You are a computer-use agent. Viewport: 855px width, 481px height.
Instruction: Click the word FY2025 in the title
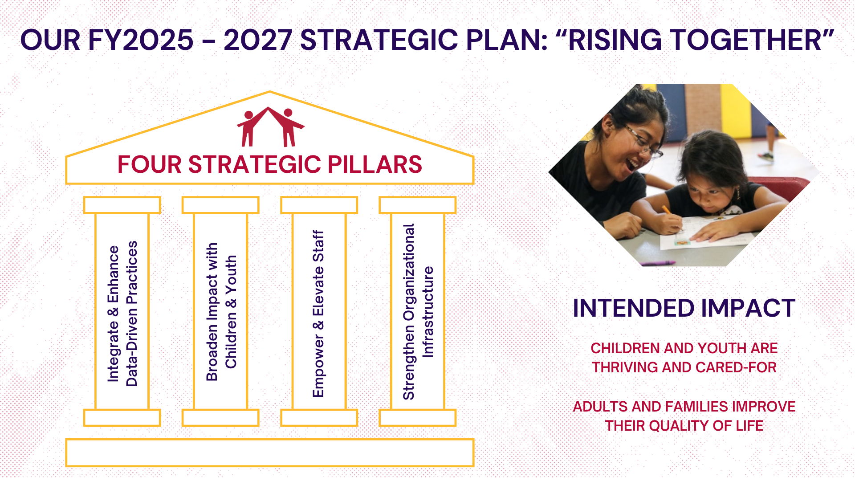point(141,40)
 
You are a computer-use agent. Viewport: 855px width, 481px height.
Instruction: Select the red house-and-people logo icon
point(270,126)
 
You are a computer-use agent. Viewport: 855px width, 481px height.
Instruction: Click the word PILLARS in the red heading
point(375,164)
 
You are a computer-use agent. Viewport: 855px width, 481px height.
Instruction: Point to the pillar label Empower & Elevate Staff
point(318,314)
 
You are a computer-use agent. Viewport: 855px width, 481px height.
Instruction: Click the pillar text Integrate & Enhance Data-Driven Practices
point(122,314)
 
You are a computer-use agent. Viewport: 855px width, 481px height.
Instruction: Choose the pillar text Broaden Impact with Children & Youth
point(221,312)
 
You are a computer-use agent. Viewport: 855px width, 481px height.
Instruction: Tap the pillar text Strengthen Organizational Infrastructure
point(418,312)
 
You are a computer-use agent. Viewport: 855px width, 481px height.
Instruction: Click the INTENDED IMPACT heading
point(684,308)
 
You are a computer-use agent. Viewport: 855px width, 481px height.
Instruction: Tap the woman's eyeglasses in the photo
point(643,141)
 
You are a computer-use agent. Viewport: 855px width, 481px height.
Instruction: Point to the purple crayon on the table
point(659,263)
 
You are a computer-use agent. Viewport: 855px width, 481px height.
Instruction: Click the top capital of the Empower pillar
point(319,205)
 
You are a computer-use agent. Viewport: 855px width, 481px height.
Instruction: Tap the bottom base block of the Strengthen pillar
point(418,418)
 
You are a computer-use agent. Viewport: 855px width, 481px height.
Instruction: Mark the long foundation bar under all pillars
point(270,452)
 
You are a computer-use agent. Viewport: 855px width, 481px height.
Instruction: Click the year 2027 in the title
point(258,40)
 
